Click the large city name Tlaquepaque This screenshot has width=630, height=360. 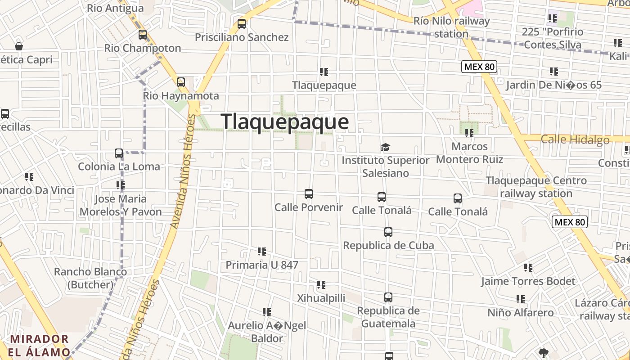tap(285, 122)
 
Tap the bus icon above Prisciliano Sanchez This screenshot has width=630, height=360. tap(242, 24)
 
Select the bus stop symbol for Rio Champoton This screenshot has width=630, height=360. tap(143, 35)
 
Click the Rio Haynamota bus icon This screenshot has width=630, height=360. tap(181, 82)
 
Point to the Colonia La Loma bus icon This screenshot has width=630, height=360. tap(119, 153)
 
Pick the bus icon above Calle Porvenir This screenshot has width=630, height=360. tap(309, 194)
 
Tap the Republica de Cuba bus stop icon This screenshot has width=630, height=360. tap(388, 232)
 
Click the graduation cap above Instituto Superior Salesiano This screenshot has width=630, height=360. tap(386, 147)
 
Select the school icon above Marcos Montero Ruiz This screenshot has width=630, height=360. tap(469, 133)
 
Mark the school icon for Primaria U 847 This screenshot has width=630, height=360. tap(262, 252)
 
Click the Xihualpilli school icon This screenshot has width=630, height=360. tap(321, 285)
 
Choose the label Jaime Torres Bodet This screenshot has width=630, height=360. tap(528, 282)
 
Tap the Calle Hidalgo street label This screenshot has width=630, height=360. tap(575, 139)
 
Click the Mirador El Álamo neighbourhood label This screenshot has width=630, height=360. tap(40, 345)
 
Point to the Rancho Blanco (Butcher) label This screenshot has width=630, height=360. tap(90, 278)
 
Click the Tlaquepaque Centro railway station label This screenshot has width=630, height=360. tap(536, 187)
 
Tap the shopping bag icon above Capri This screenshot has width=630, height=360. tap(19, 46)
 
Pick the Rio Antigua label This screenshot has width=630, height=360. tap(115, 8)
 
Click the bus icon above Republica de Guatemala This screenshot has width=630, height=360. tap(388, 297)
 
